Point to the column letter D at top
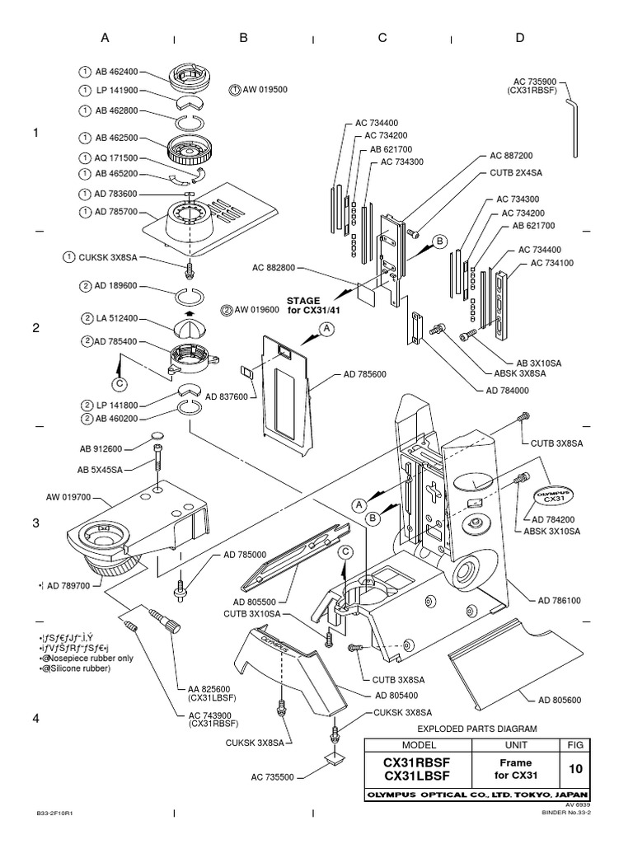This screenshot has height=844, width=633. pos(520,37)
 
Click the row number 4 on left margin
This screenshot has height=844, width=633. pos(35,719)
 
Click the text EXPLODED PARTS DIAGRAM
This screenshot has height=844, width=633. pos(478,729)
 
